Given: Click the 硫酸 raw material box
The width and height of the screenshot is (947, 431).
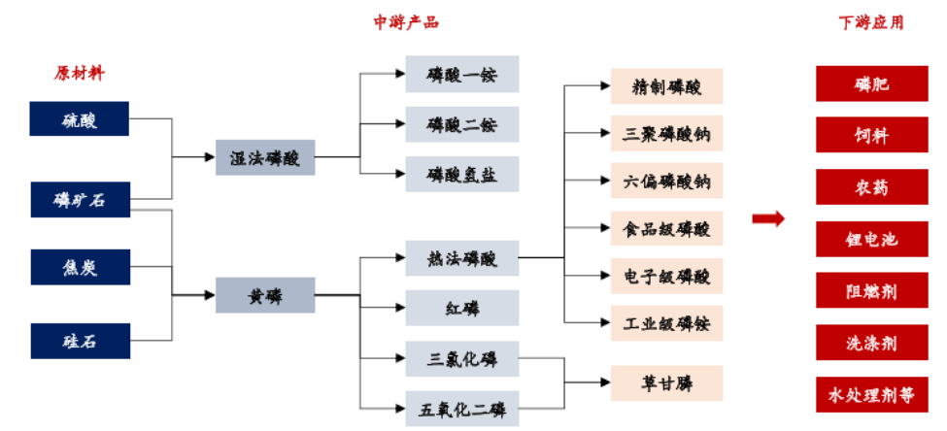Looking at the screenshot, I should click(81, 119).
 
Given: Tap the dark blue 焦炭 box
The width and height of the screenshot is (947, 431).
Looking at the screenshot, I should click(81, 265).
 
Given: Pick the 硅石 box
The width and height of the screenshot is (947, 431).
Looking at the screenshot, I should click(81, 341).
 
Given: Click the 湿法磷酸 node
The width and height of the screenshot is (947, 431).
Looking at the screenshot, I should click(265, 157).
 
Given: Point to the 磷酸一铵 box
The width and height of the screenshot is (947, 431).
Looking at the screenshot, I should click(461, 74).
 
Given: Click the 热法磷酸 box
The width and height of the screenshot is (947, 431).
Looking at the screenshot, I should click(461, 258).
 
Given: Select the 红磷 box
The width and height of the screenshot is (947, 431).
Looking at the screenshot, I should click(461, 309).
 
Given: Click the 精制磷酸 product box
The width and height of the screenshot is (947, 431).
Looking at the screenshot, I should click(666, 86).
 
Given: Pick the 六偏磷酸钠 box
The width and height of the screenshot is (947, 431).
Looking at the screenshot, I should click(666, 181).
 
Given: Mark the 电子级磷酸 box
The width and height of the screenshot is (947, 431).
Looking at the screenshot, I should click(666, 276).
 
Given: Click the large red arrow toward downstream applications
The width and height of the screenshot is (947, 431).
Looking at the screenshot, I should click(768, 218).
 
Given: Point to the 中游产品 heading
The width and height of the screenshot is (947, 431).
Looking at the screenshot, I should click(406, 22).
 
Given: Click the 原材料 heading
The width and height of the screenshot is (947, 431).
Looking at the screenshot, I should click(81, 73).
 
